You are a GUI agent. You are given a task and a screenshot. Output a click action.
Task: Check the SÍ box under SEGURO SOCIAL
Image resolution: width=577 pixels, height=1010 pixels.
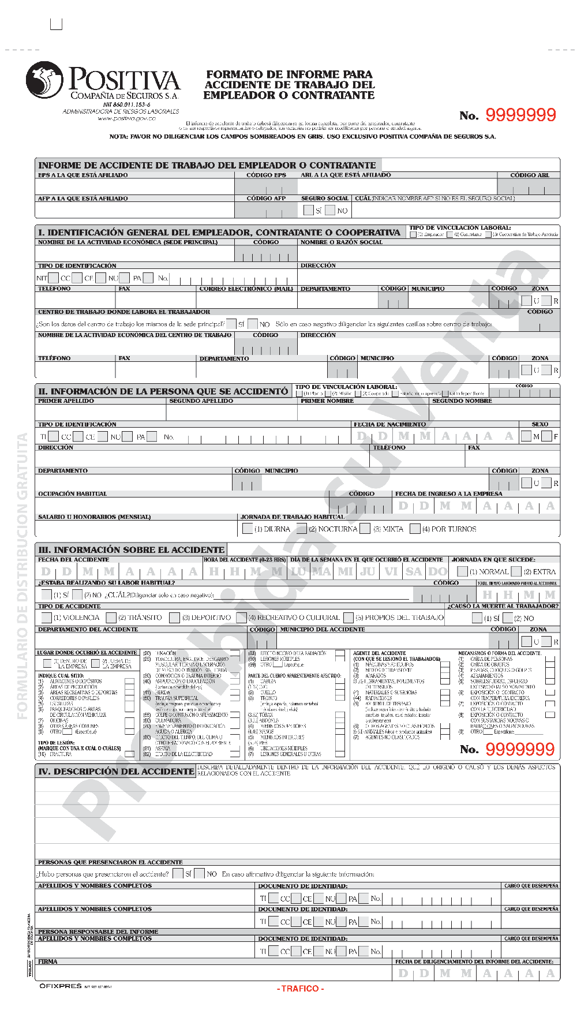[309, 210]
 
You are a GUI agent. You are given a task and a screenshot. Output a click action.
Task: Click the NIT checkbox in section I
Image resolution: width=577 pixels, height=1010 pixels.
[54, 278]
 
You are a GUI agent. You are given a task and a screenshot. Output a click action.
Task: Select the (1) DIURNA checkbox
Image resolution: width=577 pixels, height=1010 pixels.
[248, 528]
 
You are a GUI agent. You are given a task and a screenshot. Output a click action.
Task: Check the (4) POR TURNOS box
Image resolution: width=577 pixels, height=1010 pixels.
[415, 528]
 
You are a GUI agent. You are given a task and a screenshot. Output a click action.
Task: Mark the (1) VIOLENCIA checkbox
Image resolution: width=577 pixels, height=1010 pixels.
[47, 618]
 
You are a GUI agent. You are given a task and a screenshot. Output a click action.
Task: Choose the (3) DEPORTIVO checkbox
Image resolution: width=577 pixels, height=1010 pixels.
[174, 618]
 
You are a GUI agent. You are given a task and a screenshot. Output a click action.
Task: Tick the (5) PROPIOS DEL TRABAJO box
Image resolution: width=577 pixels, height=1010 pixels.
[349, 618]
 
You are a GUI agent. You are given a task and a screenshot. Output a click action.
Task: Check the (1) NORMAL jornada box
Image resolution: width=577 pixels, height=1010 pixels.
[462, 571]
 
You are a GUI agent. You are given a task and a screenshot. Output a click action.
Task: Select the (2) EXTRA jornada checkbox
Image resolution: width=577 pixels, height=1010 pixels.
[516, 571]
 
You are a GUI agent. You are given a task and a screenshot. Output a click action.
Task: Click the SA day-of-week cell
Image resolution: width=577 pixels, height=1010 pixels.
[414, 571]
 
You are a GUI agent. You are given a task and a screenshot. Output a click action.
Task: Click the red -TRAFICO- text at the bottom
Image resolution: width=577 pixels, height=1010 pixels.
[300, 989]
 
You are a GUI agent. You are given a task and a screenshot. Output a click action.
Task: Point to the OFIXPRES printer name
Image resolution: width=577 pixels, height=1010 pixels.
[61, 986]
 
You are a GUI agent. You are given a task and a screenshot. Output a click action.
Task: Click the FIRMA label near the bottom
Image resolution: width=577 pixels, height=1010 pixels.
[48, 962]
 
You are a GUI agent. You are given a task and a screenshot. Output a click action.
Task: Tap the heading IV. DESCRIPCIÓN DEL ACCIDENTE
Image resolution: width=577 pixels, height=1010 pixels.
[116, 771]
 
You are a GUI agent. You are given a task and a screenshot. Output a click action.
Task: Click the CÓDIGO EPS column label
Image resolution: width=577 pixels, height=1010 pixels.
[266, 175]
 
